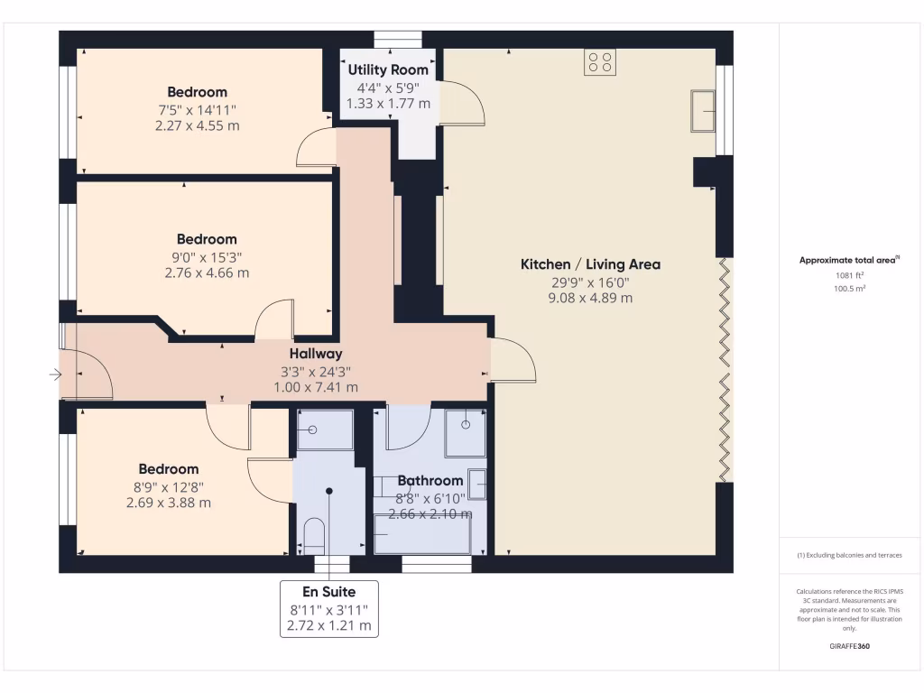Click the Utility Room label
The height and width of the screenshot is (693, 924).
point(388,69)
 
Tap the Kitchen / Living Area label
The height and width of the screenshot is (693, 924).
point(590,264)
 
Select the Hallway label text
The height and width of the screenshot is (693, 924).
point(316,354)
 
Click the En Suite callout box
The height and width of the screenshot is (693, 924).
point(328,608)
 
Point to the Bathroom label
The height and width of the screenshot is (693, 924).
point(430,481)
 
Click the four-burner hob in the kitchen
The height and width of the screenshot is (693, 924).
point(600,61)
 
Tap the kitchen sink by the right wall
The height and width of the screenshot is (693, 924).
point(703,111)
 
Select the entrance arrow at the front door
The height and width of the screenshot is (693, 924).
point(55,374)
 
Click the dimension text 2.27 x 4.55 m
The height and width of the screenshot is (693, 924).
point(198,125)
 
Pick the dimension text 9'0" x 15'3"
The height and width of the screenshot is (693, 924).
point(207,256)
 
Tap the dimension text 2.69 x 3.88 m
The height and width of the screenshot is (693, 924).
point(169,503)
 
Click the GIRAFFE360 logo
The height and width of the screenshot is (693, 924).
point(849,646)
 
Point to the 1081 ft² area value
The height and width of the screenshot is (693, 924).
point(848,276)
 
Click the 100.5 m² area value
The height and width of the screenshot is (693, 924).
point(848,289)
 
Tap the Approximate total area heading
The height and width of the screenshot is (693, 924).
point(848,260)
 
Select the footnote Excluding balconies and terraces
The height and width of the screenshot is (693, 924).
point(849,555)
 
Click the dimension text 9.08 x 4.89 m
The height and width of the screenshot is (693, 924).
point(590,297)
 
